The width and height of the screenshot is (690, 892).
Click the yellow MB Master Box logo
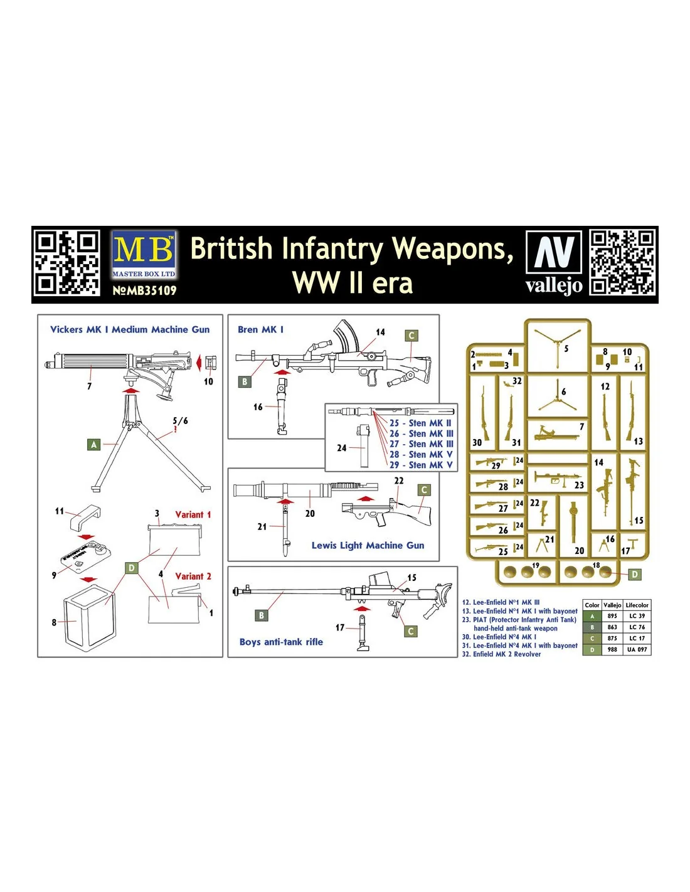pos(144,255)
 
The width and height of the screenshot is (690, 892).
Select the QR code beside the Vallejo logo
pos(622,263)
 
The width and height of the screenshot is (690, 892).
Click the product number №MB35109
pos(144,290)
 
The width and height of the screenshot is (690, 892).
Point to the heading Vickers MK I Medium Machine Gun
pos(130,329)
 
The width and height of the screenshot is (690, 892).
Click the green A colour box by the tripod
pos(94,444)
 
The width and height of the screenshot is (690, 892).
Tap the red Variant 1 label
pos(193,515)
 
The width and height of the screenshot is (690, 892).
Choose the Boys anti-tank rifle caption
pos(281,642)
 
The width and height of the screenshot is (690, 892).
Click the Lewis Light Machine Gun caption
pos(368,546)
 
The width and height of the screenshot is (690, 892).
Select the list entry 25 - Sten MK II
pos(420,423)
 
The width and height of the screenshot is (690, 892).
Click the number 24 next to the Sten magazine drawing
pos(341,448)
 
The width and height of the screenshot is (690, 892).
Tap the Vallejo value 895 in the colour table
pos(612,616)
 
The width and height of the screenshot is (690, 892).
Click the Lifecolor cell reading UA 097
pos(637,649)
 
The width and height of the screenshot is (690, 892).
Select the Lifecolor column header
pos(637,605)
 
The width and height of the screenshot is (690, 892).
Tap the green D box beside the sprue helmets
pos(635,574)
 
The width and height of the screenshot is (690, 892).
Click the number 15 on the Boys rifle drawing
pos(411,578)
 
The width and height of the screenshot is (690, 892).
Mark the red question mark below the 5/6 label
pos(176,429)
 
